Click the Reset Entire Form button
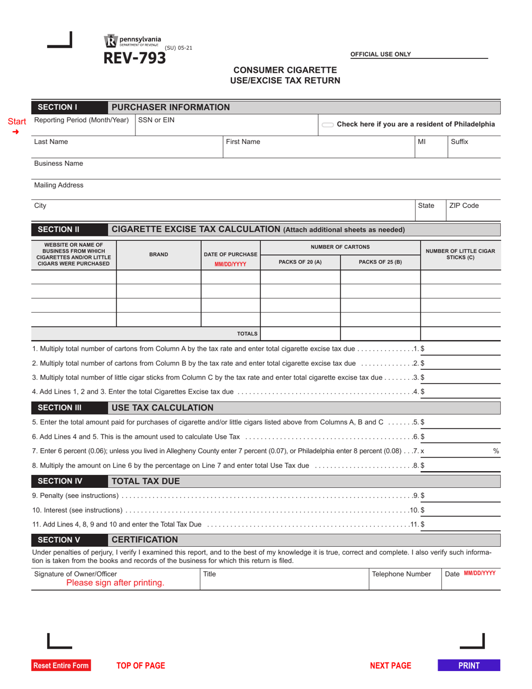(x=61, y=665)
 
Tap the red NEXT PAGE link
(x=390, y=665)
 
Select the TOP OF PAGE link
(x=141, y=665)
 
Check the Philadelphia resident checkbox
(x=328, y=124)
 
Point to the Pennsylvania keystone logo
(x=110, y=41)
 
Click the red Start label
(x=16, y=121)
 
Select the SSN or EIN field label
(x=156, y=120)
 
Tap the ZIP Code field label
(x=464, y=206)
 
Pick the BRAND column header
(x=158, y=254)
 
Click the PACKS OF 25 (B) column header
(x=380, y=262)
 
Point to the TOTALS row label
(x=247, y=333)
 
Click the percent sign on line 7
(x=496, y=451)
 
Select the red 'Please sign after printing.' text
(x=115, y=583)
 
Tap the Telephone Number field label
(x=402, y=574)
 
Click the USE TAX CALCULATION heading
(x=162, y=407)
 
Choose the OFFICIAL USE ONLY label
(x=381, y=54)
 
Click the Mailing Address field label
(x=59, y=185)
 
